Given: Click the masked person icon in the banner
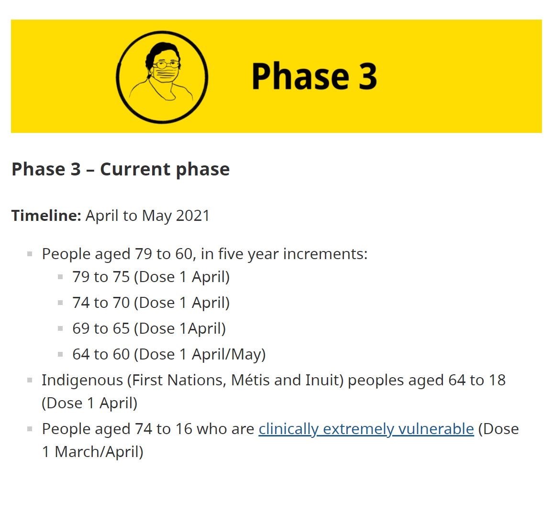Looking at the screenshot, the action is (x=162, y=77).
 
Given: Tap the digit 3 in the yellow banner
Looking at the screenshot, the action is (x=368, y=76).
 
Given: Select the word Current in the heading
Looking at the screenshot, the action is (x=135, y=169).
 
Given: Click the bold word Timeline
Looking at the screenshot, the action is (x=46, y=215).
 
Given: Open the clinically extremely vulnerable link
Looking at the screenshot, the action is (x=366, y=429).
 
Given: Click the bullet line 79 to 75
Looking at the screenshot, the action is (x=151, y=277).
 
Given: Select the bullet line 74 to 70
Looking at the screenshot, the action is (x=151, y=303).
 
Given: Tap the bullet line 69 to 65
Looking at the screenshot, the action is (x=149, y=328).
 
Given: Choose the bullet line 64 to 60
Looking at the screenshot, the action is (x=169, y=354).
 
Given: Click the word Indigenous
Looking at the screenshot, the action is (x=82, y=381).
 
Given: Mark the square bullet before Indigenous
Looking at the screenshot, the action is (x=30, y=380).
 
